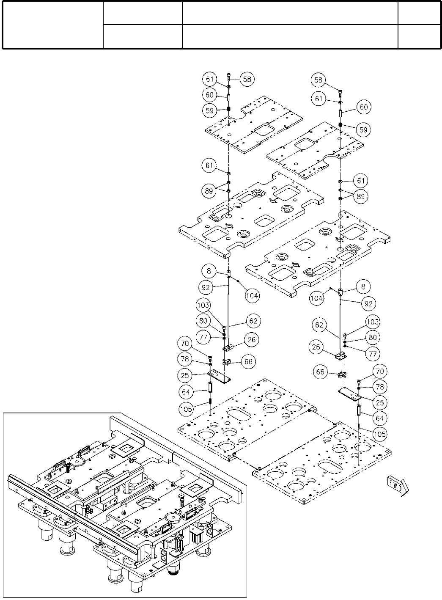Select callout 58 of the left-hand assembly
coord(247,79)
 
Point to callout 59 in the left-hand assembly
coord(209,110)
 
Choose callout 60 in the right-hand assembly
coord(363,107)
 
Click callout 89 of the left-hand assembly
coord(209,191)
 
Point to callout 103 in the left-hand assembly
coord(203,305)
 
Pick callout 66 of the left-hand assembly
coord(248,362)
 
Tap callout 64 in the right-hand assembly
coord(379,418)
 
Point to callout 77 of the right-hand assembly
coord(374,353)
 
